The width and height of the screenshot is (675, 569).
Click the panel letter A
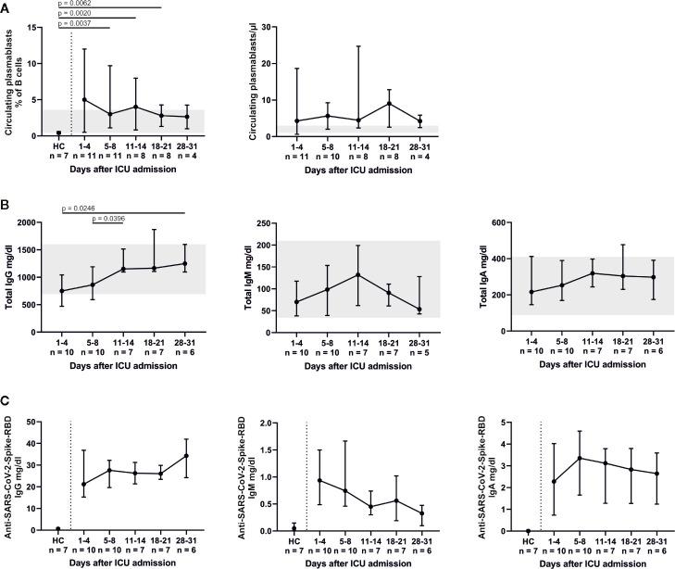[6, 6]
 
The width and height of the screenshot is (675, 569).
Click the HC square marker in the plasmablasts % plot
[58, 133]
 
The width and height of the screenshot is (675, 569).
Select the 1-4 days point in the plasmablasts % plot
[85, 99]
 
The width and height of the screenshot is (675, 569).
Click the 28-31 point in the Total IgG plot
[185, 263]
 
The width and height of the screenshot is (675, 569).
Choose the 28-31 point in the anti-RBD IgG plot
[185, 456]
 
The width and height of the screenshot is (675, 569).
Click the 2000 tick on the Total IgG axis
[34, 223]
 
